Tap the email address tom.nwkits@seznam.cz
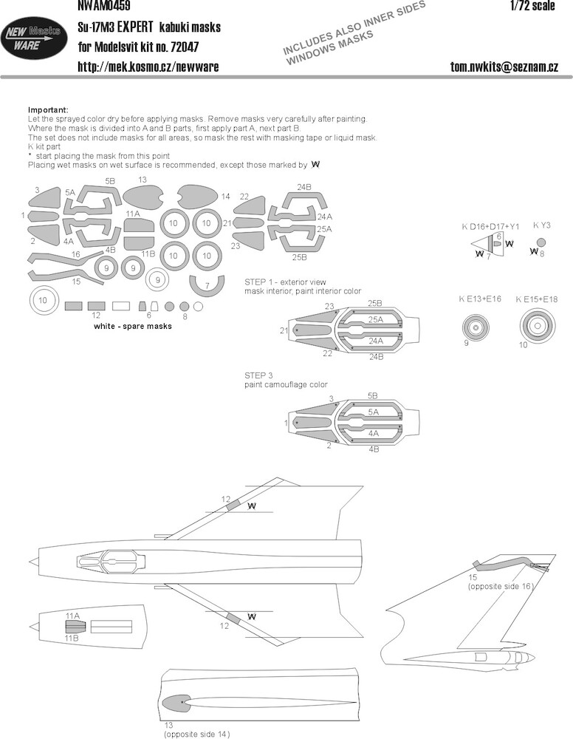pos(504,67)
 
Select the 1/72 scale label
pos(532,6)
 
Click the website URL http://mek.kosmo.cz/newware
pos(148,67)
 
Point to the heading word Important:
pos(48,110)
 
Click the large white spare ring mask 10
pos(43,301)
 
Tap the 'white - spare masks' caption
pos(133,326)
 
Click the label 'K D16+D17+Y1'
pos(490,227)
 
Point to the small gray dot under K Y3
pos(541,242)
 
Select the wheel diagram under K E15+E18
pos(538,325)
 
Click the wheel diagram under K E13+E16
pos(476,326)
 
